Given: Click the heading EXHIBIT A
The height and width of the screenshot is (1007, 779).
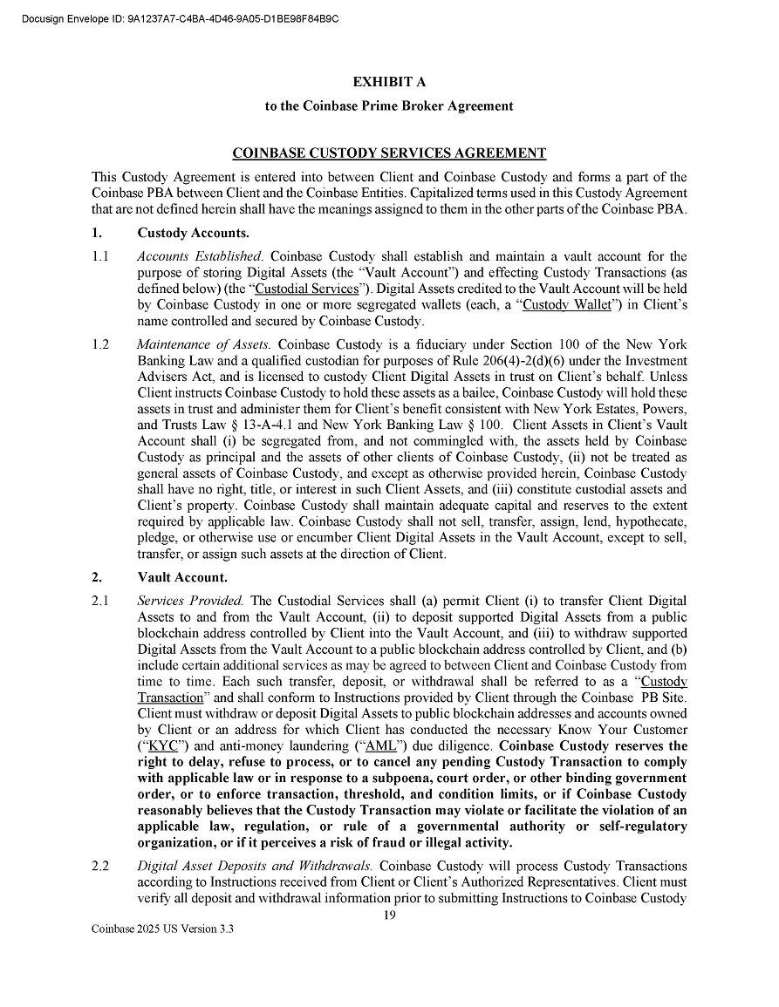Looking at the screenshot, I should pos(389,82).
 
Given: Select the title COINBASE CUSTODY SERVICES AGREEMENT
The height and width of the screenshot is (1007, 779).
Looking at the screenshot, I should pos(389,153).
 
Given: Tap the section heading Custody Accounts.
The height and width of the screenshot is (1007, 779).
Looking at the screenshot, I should pos(193,233).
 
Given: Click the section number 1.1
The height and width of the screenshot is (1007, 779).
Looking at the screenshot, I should pos(100,256).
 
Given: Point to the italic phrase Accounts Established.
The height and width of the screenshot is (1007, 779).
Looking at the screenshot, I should pos(200,256).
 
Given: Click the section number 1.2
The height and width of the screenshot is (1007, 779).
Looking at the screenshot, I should pos(100,344).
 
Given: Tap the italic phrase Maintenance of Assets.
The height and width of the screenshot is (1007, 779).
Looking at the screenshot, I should pos(203,344).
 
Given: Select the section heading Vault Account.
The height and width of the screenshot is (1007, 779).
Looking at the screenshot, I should pos(182,577).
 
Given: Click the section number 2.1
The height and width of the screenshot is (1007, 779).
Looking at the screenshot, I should pos(100,601).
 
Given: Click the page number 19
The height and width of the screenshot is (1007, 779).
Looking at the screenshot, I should pos(389,915).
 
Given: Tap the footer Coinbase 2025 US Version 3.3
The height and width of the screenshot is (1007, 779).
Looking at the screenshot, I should pos(163,929).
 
